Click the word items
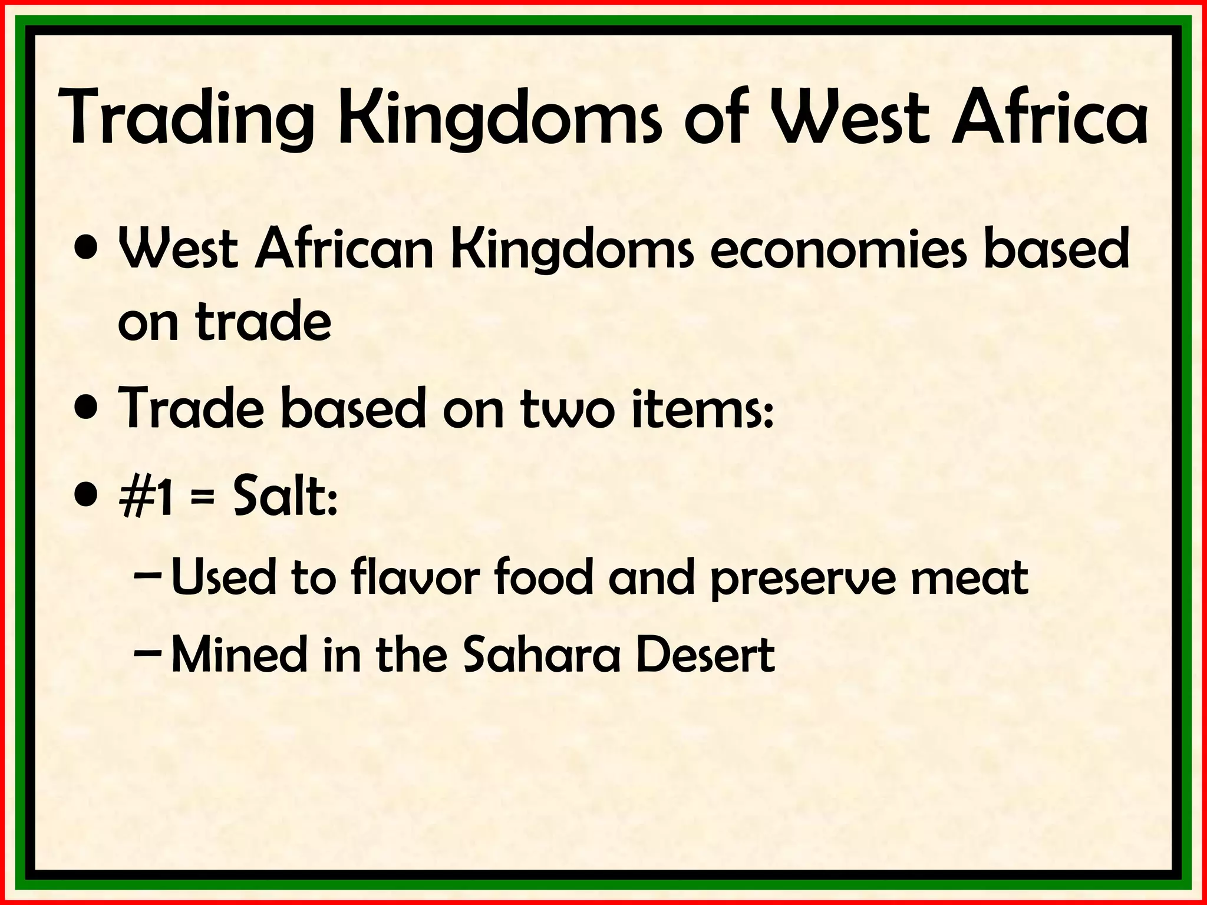pyautogui.click(x=701, y=408)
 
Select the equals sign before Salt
pyautogui.click(x=203, y=499)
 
